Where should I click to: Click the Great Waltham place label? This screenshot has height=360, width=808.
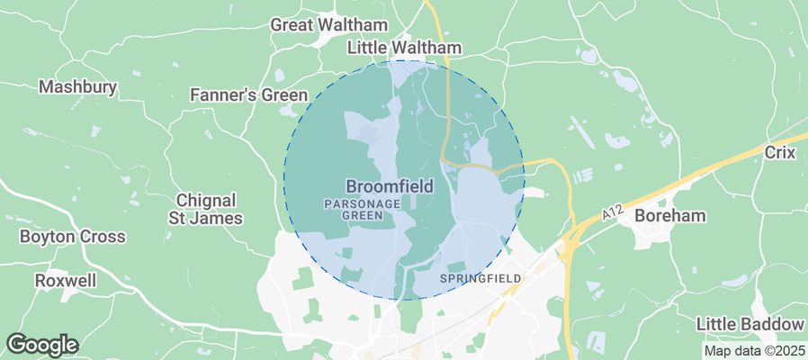(x=328, y=24)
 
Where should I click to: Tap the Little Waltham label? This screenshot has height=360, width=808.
(x=404, y=48)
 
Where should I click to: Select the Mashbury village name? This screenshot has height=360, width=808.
(x=77, y=87)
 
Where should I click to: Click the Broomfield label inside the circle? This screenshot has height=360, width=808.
(x=390, y=187)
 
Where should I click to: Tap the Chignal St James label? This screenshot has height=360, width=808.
(x=206, y=209)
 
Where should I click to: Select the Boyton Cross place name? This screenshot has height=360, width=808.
(x=73, y=237)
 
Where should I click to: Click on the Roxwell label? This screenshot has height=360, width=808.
(x=65, y=281)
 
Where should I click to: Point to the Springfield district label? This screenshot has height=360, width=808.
(x=480, y=279)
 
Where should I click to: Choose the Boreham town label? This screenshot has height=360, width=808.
(x=669, y=216)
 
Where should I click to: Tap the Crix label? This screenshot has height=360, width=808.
(x=779, y=153)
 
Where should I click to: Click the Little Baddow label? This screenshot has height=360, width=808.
(x=750, y=324)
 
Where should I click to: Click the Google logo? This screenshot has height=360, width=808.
(x=42, y=345)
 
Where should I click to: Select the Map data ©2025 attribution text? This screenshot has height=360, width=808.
(x=753, y=351)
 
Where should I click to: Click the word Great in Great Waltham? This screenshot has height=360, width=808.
(x=291, y=24)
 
